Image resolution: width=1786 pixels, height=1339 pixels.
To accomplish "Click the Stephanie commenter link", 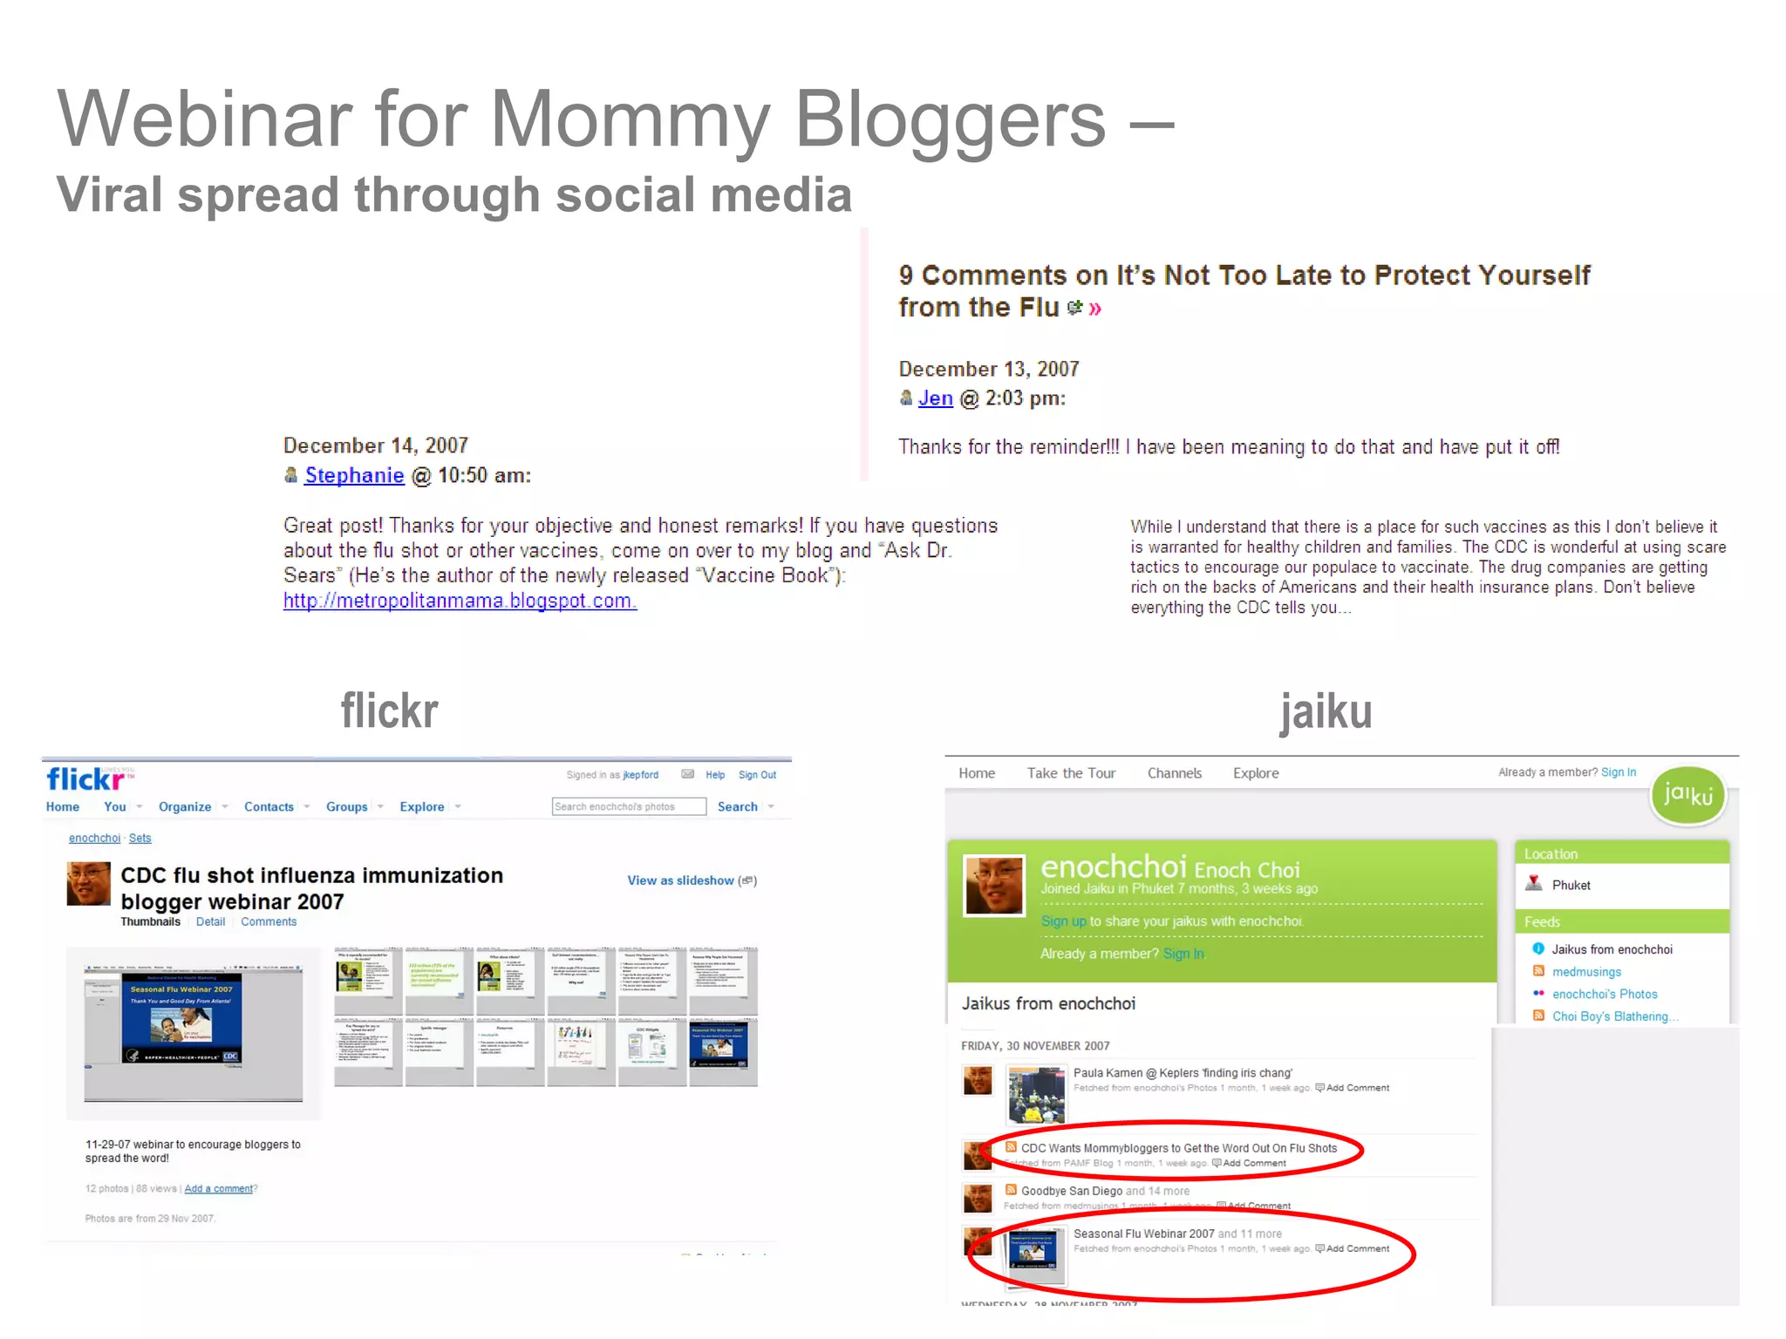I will [x=354, y=475].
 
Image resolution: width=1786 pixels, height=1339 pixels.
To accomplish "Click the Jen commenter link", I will [x=935, y=398].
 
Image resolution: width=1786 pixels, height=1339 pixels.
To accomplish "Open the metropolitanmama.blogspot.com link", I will [x=460, y=601].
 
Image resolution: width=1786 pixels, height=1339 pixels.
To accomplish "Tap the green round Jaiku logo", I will [x=1688, y=795].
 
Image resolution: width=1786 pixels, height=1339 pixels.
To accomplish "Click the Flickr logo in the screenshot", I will [x=85, y=778].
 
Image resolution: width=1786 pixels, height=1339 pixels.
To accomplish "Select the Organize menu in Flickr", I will [x=184, y=807].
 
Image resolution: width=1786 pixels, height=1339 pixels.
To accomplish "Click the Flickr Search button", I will [x=737, y=807].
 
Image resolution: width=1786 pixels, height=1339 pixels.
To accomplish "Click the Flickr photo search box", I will [x=628, y=807].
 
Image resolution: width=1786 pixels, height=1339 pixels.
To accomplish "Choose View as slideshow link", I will [x=680, y=880].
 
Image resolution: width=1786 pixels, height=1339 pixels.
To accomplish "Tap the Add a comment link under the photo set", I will [x=218, y=1188].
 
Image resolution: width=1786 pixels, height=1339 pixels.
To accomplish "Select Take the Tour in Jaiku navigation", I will [x=1071, y=773].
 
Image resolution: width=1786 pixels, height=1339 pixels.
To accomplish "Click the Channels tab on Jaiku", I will [x=1174, y=773].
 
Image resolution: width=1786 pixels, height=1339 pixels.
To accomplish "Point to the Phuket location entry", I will [x=1571, y=886].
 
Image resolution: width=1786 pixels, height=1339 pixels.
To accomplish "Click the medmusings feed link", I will [x=1586, y=972].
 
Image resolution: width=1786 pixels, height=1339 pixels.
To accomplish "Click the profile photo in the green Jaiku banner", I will [x=993, y=886].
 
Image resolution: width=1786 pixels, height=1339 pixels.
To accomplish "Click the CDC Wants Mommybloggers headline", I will [x=1178, y=1148].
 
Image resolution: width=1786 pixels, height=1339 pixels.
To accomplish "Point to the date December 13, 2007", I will [x=989, y=369].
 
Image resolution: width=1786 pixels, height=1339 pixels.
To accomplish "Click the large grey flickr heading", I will [x=389, y=711].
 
